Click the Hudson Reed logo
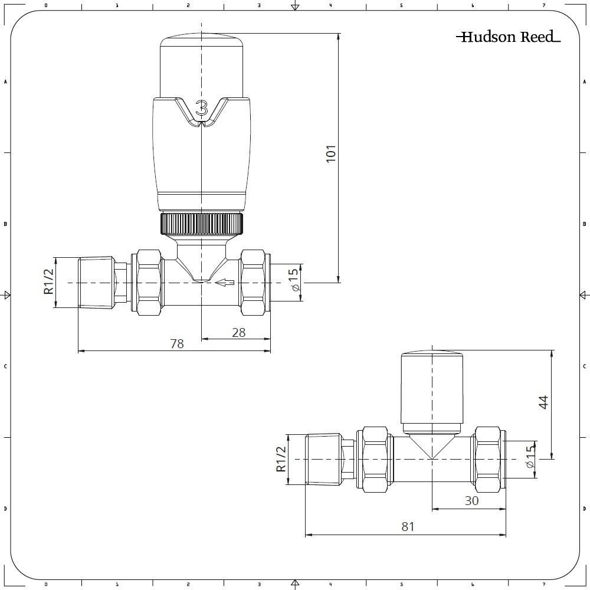[x=507, y=37]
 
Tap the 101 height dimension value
[x=331, y=153]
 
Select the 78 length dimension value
[x=177, y=343]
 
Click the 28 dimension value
[x=238, y=332]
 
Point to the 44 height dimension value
[x=543, y=402]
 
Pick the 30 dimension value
[x=471, y=500]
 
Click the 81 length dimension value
[x=408, y=526]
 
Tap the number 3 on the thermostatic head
[x=202, y=109]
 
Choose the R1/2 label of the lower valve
[x=281, y=458]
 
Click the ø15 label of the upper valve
[x=293, y=283]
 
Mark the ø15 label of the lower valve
[x=529, y=457]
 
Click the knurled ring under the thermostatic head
[x=201, y=223]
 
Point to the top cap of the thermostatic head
[x=202, y=65]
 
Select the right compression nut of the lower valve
[x=487, y=460]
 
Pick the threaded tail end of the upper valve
[x=96, y=283]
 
